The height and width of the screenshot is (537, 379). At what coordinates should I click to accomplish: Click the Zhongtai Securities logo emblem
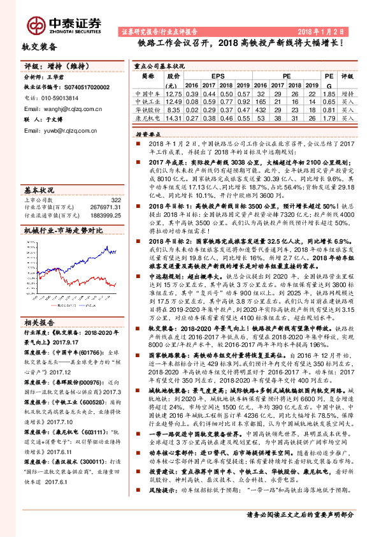point(34,24)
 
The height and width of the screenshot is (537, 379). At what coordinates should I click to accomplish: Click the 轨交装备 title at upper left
point(39,47)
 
